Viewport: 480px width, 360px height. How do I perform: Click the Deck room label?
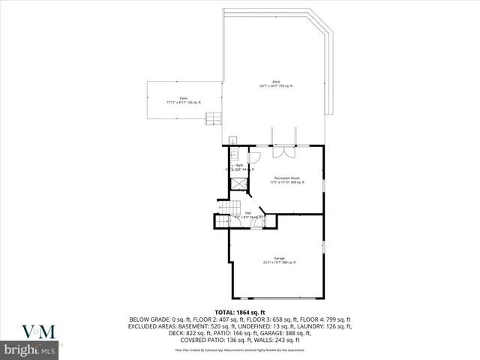276,85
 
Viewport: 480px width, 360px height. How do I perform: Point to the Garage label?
279,260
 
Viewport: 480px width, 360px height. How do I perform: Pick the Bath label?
239,166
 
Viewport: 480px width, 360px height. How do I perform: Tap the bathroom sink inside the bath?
234,154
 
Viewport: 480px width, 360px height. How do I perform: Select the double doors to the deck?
284,151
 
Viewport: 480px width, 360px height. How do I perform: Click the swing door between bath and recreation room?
253,157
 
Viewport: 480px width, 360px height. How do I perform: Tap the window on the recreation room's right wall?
324,184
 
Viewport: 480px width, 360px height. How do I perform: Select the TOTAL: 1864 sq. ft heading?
239,312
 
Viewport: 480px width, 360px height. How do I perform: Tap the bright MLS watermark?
30,350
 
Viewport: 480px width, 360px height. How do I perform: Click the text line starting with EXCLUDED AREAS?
240,326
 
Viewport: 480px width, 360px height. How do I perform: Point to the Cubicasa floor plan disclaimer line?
240,349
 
